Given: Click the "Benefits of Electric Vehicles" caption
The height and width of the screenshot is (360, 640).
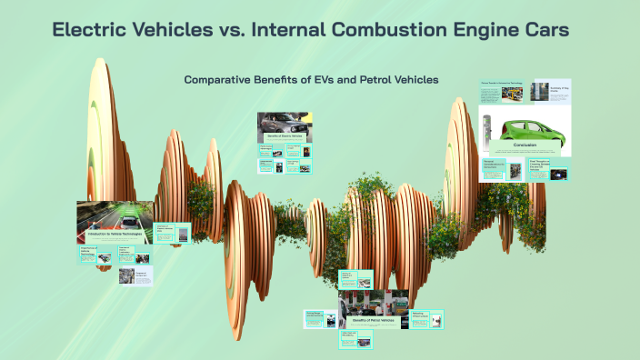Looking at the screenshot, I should coord(284,135).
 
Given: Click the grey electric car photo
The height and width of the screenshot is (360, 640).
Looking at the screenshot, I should coord(284,122).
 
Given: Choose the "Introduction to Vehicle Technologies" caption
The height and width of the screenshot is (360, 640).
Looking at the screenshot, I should coord(114,235).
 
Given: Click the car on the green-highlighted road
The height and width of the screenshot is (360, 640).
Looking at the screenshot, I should coord(130,218).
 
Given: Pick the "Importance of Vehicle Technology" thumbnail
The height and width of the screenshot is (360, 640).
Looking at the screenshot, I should coord(94,255).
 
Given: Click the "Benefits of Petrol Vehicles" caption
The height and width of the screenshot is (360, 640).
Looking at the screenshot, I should coord(374,320).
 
